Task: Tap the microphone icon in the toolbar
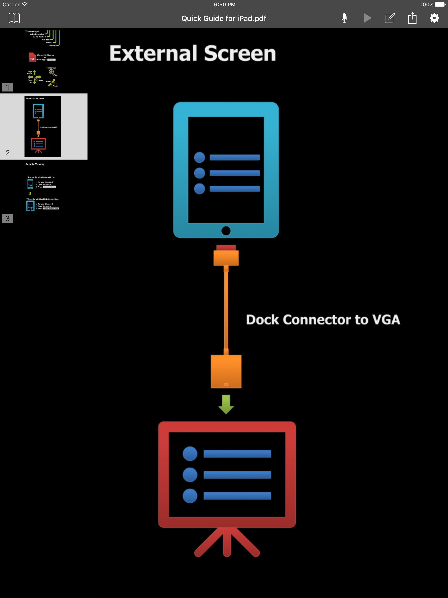344,18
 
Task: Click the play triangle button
367,18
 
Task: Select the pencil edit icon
390,18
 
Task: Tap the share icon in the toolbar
412,18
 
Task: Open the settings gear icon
434,18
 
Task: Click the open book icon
14,18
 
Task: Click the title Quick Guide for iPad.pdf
224,18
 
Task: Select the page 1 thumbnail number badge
8,87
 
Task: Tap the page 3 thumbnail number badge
8,218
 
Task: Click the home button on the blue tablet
226,231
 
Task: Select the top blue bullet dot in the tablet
199,157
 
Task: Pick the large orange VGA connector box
226,371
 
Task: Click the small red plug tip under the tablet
226,247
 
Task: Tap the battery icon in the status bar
440,5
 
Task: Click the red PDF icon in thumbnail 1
32,57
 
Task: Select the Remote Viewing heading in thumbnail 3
35,164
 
